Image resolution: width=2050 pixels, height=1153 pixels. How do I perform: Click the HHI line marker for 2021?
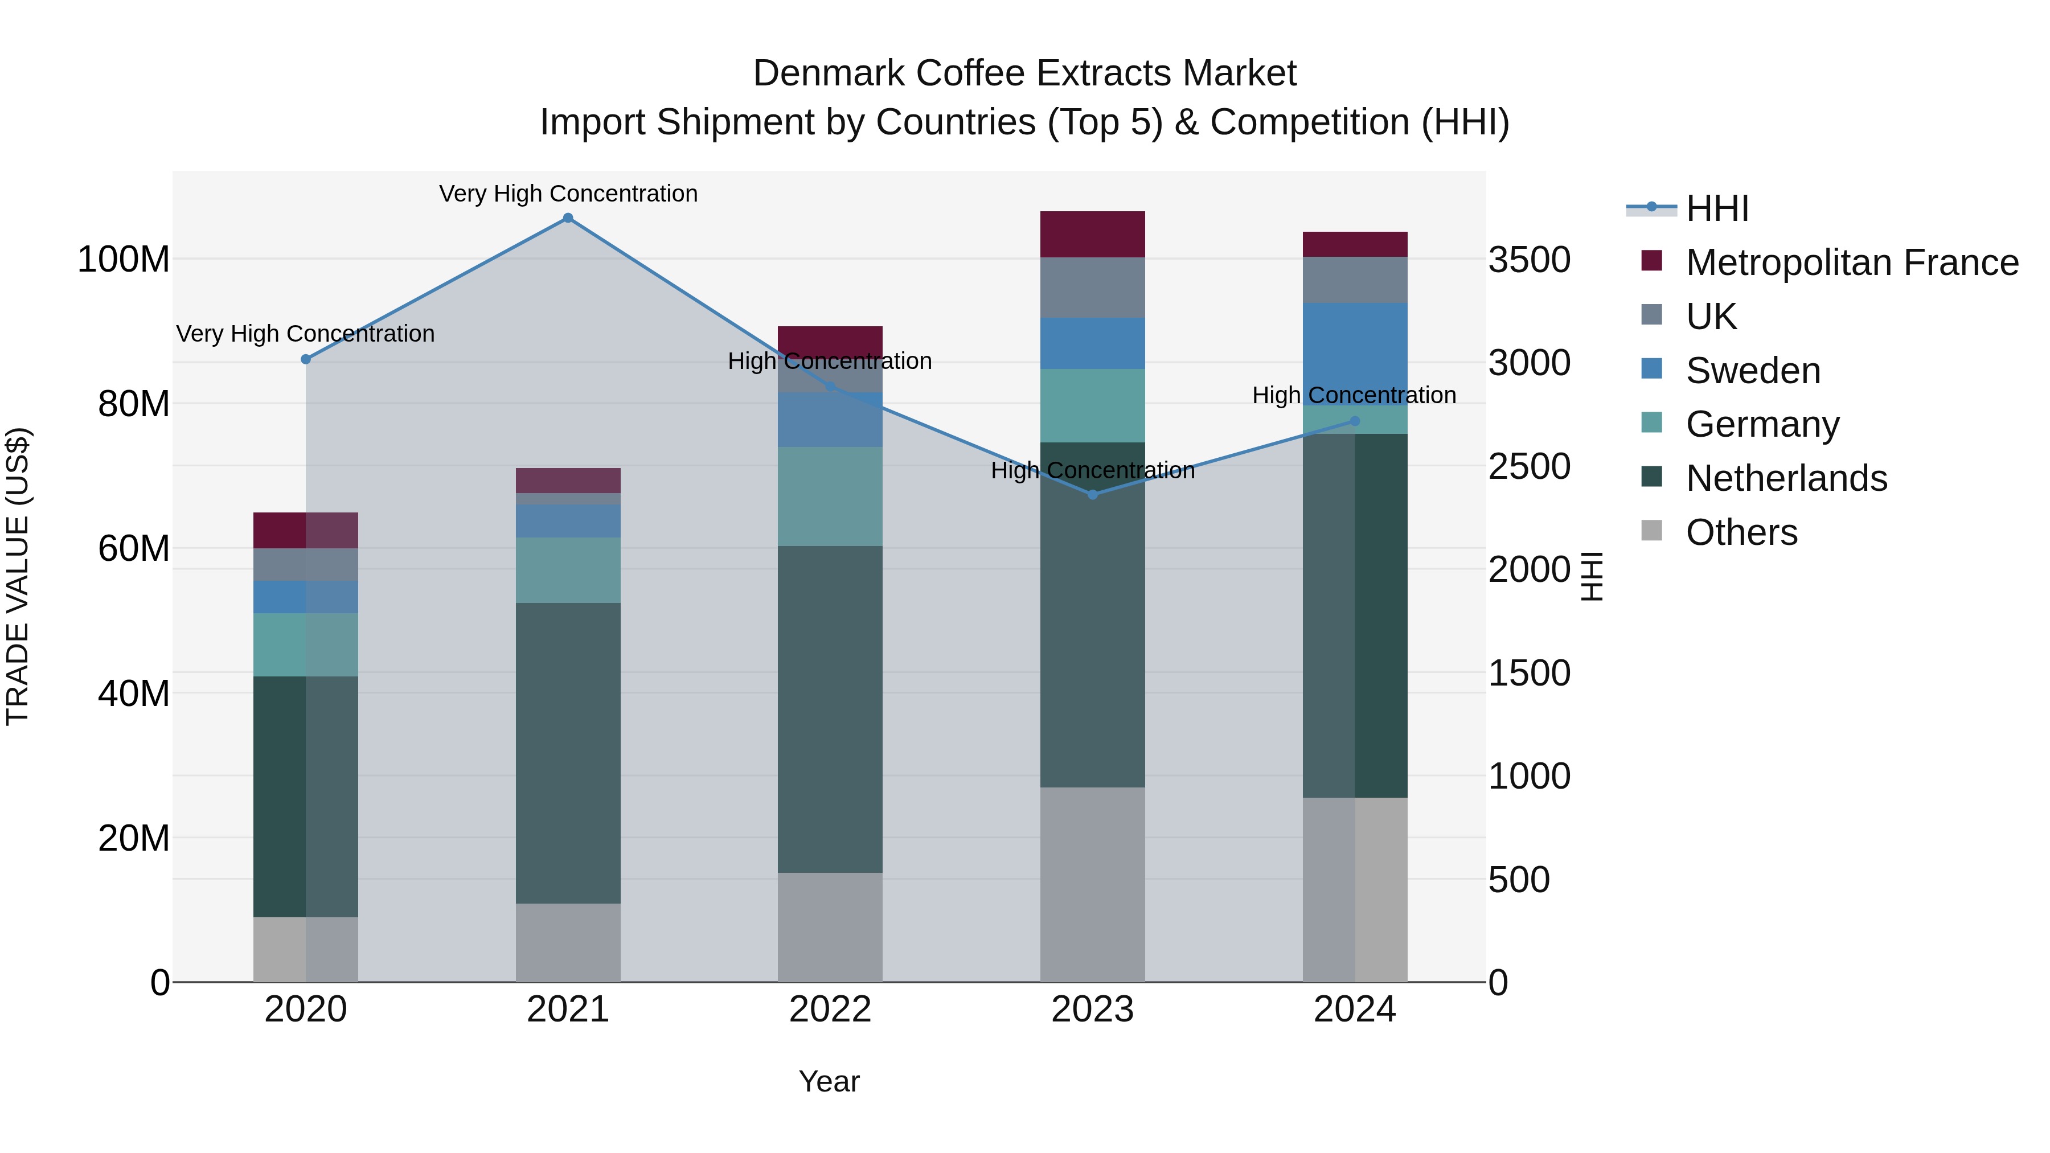pos(567,218)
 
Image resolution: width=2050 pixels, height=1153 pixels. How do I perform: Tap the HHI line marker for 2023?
pos(1093,495)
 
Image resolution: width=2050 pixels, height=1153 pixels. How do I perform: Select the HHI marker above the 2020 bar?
pos(306,360)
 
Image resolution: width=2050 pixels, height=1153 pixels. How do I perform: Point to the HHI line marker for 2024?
pos(1355,422)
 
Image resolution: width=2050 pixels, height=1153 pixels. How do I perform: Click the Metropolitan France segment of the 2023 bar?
pos(1093,235)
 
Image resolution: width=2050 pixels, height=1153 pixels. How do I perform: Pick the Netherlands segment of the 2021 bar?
pos(567,753)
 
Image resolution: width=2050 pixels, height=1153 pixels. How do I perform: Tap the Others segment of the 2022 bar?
pos(830,927)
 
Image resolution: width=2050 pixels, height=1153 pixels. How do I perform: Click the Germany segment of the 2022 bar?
pos(830,497)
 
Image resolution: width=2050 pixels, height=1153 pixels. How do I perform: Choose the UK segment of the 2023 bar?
pos(1093,288)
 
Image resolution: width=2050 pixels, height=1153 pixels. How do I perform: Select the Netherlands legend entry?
pos(1786,478)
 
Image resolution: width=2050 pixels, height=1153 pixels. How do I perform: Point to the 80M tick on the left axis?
pos(134,404)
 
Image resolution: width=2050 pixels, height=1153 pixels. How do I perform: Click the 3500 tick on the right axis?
pos(1529,260)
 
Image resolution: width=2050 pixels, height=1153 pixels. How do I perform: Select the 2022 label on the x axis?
pos(830,1010)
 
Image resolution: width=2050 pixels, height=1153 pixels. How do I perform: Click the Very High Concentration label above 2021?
pos(568,194)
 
